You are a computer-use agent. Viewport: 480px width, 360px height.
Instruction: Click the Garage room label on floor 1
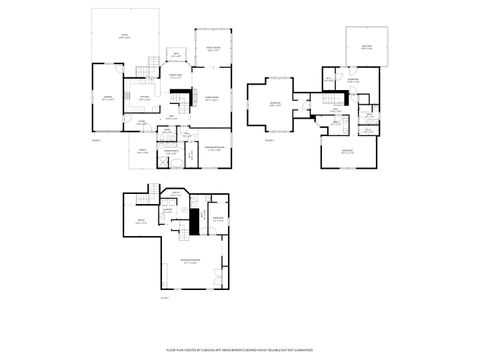click(x=107, y=98)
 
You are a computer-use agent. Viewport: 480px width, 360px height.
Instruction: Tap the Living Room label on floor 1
click(x=213, y=98)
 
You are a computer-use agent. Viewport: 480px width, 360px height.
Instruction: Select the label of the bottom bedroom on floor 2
click(x=347, y=151)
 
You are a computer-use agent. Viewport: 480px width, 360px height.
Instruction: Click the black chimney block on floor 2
click(x=346, y=97)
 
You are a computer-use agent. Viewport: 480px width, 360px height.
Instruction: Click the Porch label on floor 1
click(x=142, y=152)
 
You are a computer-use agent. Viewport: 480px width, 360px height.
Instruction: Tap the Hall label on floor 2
click(x=337, y=111)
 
